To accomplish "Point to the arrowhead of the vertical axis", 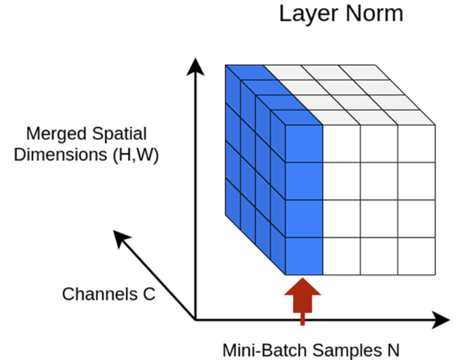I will click(x=195, y=67).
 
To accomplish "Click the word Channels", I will click(x=93, y=294).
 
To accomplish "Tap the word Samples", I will click(x=340, y=348).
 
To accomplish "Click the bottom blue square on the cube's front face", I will click(x=303, y=256).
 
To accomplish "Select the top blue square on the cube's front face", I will click(x=303, y=143).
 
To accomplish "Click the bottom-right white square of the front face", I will click(x=416, y=256).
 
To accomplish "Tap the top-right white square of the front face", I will click(x=416, y=143).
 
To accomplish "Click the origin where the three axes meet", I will click(x=195, y=319).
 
